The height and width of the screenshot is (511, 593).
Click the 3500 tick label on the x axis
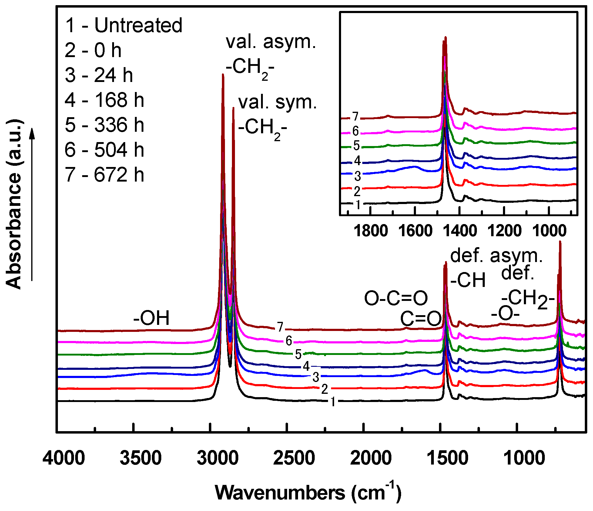(x=140, y=458)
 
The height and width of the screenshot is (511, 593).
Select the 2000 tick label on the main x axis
(x=371, y=458)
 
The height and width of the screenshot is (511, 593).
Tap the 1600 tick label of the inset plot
(x=415, y=231)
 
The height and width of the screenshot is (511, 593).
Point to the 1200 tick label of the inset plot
(x=504, y=231)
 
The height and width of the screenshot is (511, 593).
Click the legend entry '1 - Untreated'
(x=124, y=25)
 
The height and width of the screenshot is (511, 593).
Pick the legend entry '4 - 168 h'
(x=104, y=100)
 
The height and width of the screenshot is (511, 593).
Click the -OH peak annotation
(x=151, y=318)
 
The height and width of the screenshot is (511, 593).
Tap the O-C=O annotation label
(x=396, y=298)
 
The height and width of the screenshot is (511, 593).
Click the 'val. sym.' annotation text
(x=277, y=102)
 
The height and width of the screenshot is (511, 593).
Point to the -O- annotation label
(x=505, y=314)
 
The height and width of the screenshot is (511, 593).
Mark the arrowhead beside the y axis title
(x=32, y=134)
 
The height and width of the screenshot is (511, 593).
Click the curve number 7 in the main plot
(x=280, y=327)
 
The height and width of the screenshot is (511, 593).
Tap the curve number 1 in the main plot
(x=333, y=402)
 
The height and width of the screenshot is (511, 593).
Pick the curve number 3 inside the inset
(x=358, y=176)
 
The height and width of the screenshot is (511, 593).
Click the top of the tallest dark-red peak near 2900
(x=223, y=75)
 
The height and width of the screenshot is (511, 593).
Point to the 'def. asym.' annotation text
(x=496, y=256)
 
